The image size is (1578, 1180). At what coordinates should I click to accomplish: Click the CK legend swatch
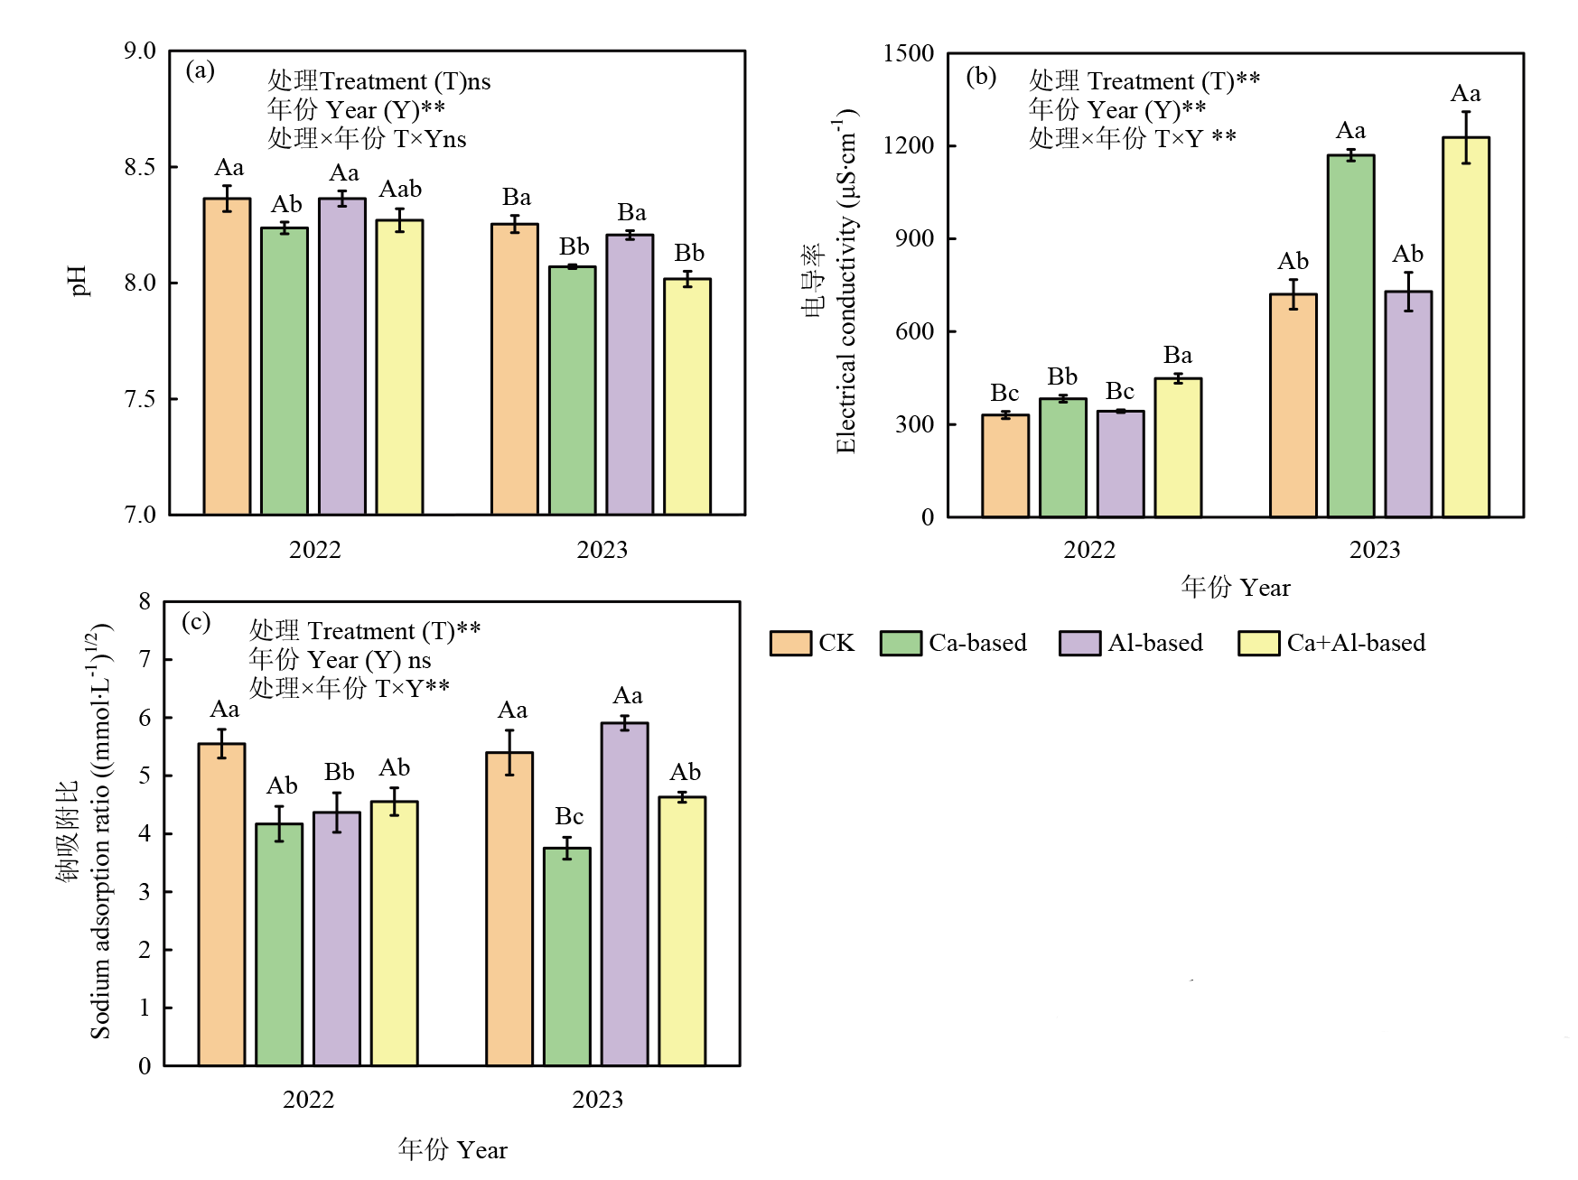790,644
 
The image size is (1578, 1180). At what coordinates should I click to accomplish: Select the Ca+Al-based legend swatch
1258,644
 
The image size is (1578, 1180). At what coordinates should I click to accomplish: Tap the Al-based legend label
1155,643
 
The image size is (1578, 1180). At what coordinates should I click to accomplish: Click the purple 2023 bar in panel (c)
624,894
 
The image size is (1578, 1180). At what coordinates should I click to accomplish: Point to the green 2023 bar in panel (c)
567,957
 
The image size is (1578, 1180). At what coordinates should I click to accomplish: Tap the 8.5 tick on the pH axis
140,167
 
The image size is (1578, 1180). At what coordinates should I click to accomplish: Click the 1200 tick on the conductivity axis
909,145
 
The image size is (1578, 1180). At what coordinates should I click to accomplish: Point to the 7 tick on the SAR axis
145,660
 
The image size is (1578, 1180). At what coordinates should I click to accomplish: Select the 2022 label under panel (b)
1088,550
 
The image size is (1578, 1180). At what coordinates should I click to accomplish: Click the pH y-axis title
79,281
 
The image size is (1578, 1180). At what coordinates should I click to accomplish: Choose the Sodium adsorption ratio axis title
99,831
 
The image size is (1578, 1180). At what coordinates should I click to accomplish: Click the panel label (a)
200,70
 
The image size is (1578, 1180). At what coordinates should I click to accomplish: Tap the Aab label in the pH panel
400,190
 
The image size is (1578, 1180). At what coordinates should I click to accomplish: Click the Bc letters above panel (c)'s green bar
569,816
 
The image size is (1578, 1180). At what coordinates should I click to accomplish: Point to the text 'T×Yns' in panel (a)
430,139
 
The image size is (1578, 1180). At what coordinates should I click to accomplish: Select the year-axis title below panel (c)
453,1149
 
